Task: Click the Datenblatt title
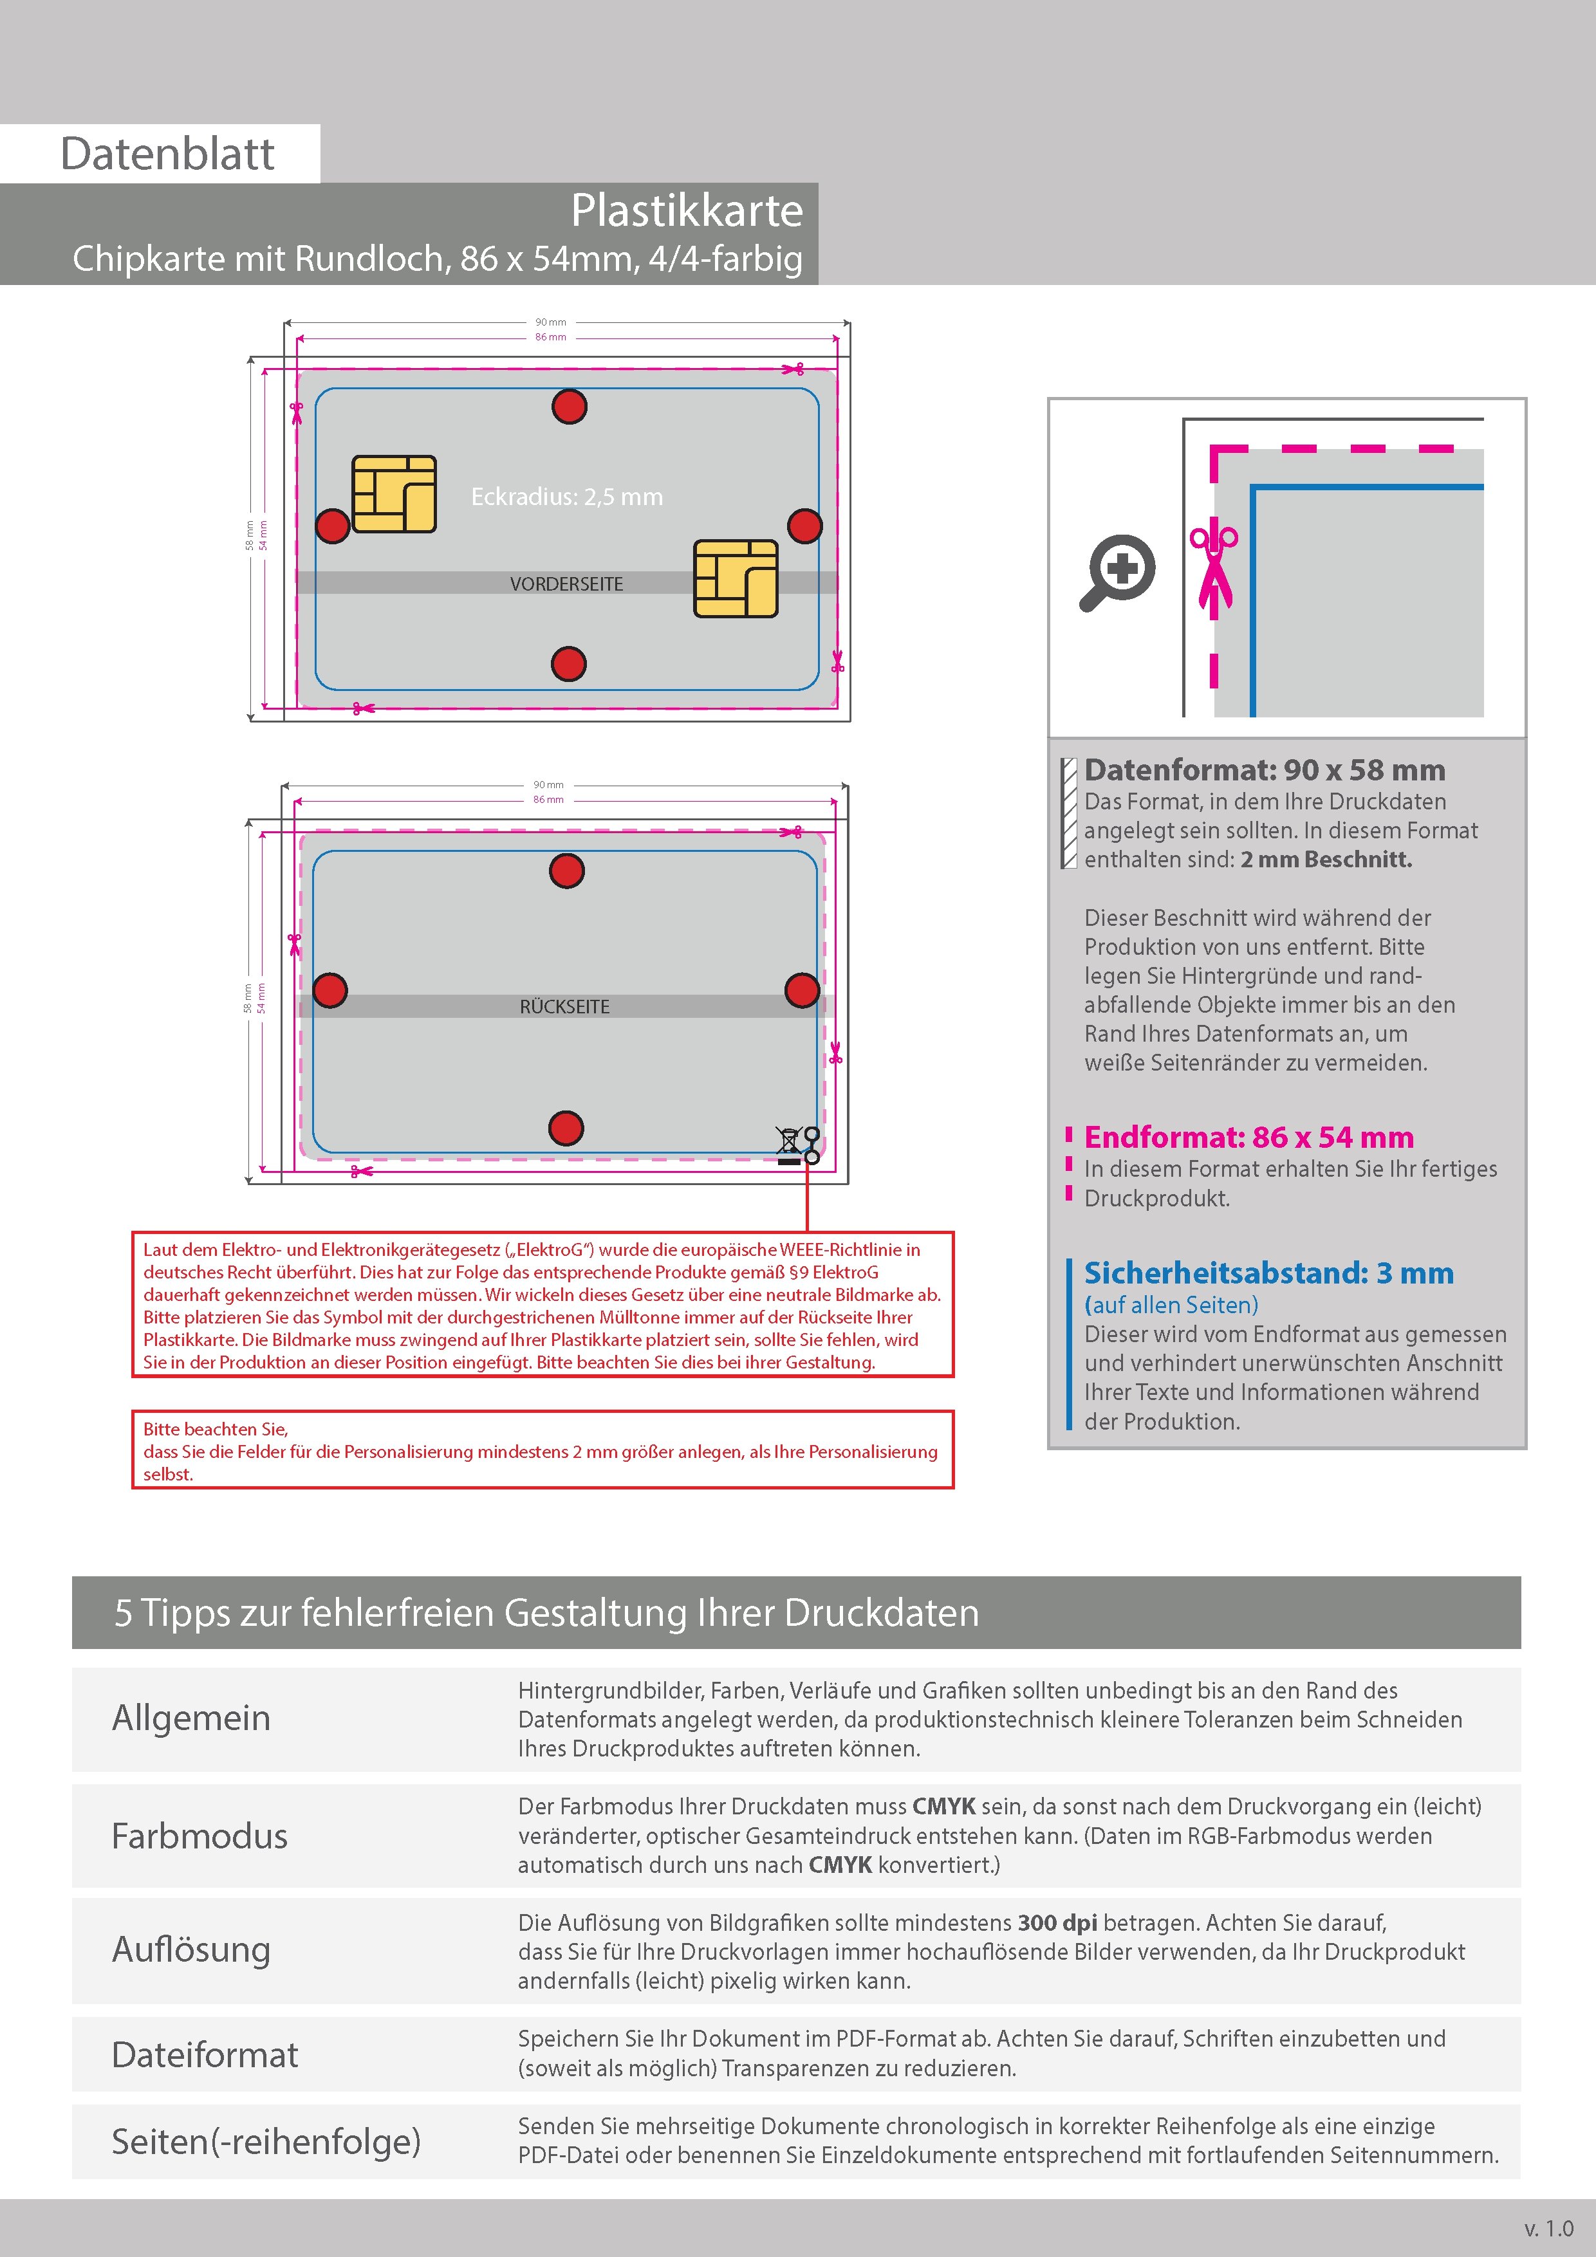pyautogui.click(x=167, y=153)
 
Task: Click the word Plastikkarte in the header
pyautogui.click(x=687, y=210)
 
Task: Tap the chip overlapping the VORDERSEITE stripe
pyautogui.click(x=736, y=578)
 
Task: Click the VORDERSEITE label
pyautogui.click(x=566, y=584)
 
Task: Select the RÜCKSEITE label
pyautogui.click(x=564, y=1007)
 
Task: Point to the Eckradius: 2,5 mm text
pyautogui.click(x=566, y=497)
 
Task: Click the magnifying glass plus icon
pyautogui.click(x=1119, y=571)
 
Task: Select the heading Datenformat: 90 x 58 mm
pyautogui.click(x=1265, y=769)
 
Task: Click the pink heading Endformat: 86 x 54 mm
pyautogui.click(x=1249, y=1138)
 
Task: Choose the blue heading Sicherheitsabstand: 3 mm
pyautogui.click(x=1268, y=1273)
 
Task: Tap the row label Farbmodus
pyautogui.click(x=199, y=1836)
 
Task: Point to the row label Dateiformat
pyautogui.click(x=205, y=2054)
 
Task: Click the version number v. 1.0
pyautogui.click(x=1549, y=2227)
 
